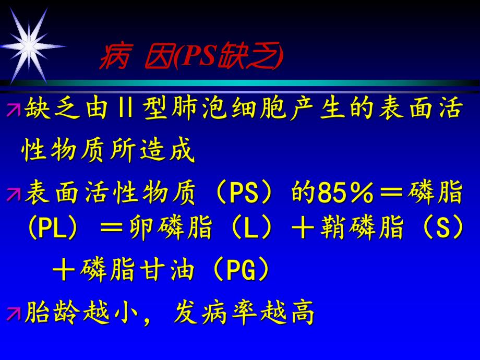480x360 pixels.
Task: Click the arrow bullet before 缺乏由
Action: (x=13, y=110)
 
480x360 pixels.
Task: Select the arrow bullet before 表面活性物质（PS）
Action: (x=13, y=194)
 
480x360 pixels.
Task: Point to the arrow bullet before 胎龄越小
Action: (x=13, y=313)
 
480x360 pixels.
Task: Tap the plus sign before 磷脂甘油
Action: (x=65, y=271)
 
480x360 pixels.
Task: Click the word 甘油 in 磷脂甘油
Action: (x=169, y=271)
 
